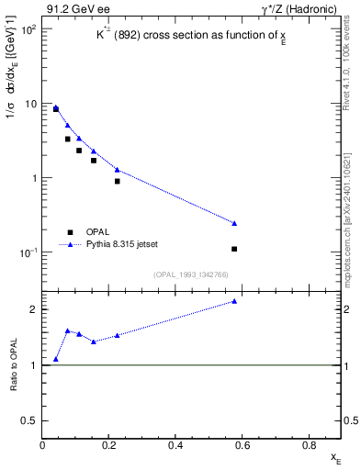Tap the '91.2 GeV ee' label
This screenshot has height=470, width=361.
coord(79,10)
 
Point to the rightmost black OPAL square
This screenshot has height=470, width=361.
coord(235,249)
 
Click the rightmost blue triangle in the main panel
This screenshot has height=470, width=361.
coord(235,223)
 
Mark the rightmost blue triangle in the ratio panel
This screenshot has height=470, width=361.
coord(235,301)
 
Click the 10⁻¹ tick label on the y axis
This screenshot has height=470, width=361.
coord(28,252)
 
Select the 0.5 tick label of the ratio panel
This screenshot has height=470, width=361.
coord(30,420)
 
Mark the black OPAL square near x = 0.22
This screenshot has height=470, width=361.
coord(118,181)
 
